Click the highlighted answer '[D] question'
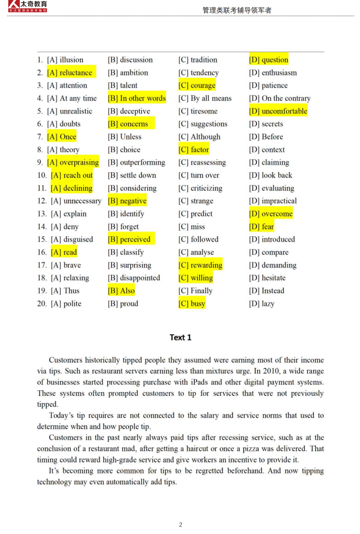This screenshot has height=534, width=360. pos(269,60)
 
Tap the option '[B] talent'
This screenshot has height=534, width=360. pos(123,86)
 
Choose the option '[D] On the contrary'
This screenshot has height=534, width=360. pos(280,98)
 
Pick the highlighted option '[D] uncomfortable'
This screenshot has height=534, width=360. pos(278,111)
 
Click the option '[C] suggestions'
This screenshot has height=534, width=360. pos(203,124)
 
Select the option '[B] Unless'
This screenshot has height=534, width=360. pos(125,137)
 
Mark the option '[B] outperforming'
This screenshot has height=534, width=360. pos(136,163)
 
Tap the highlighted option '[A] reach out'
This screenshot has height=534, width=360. pos(72,175)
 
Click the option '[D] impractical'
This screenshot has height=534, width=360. pos(273,201)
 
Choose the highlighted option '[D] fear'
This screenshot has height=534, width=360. pos(262,227)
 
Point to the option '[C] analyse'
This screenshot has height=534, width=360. pos(196,252)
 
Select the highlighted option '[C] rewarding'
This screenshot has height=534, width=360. pos(200,265)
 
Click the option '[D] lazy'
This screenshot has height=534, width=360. pos(262,304)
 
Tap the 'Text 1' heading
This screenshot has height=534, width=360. pos(180,338)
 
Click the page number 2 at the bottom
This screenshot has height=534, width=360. pos(181,525)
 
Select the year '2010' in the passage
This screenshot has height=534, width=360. pos(270,371)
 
